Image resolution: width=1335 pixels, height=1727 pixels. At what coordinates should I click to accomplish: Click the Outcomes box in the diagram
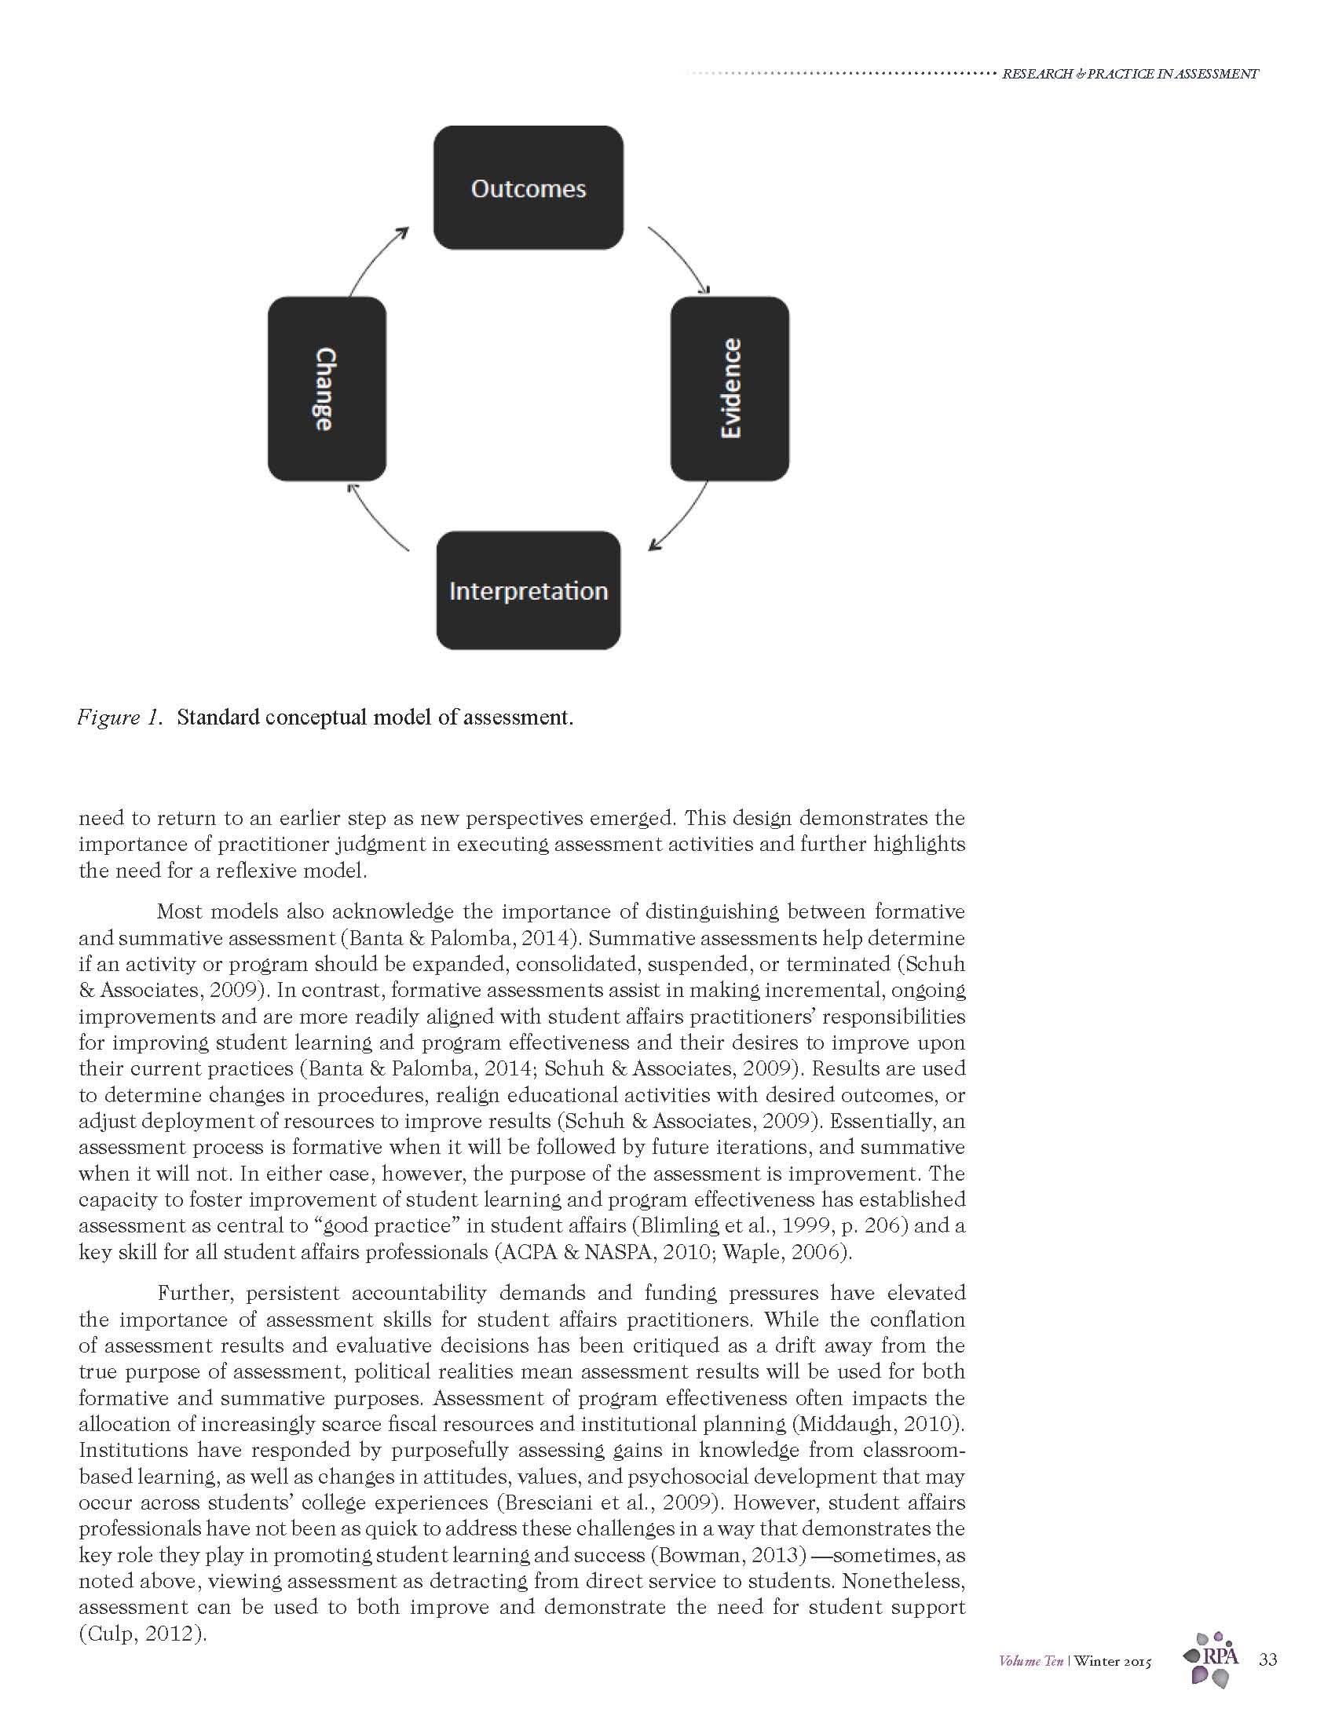point(529,188)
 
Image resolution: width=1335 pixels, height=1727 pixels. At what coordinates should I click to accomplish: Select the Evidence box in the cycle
point(730,389)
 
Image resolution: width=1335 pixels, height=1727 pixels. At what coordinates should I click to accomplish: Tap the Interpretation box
point(529,590)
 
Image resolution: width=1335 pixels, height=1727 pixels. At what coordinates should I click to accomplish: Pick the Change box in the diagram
point(327,389)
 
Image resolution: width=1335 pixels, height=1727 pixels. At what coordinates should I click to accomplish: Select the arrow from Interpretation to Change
point(375,518)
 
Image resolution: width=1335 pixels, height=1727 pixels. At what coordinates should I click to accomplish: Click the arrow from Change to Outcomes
point(375,258)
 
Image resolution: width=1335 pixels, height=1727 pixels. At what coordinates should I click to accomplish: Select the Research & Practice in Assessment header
point(1129,75)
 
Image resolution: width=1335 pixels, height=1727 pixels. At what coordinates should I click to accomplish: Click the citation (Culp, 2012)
point(142,1634)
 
